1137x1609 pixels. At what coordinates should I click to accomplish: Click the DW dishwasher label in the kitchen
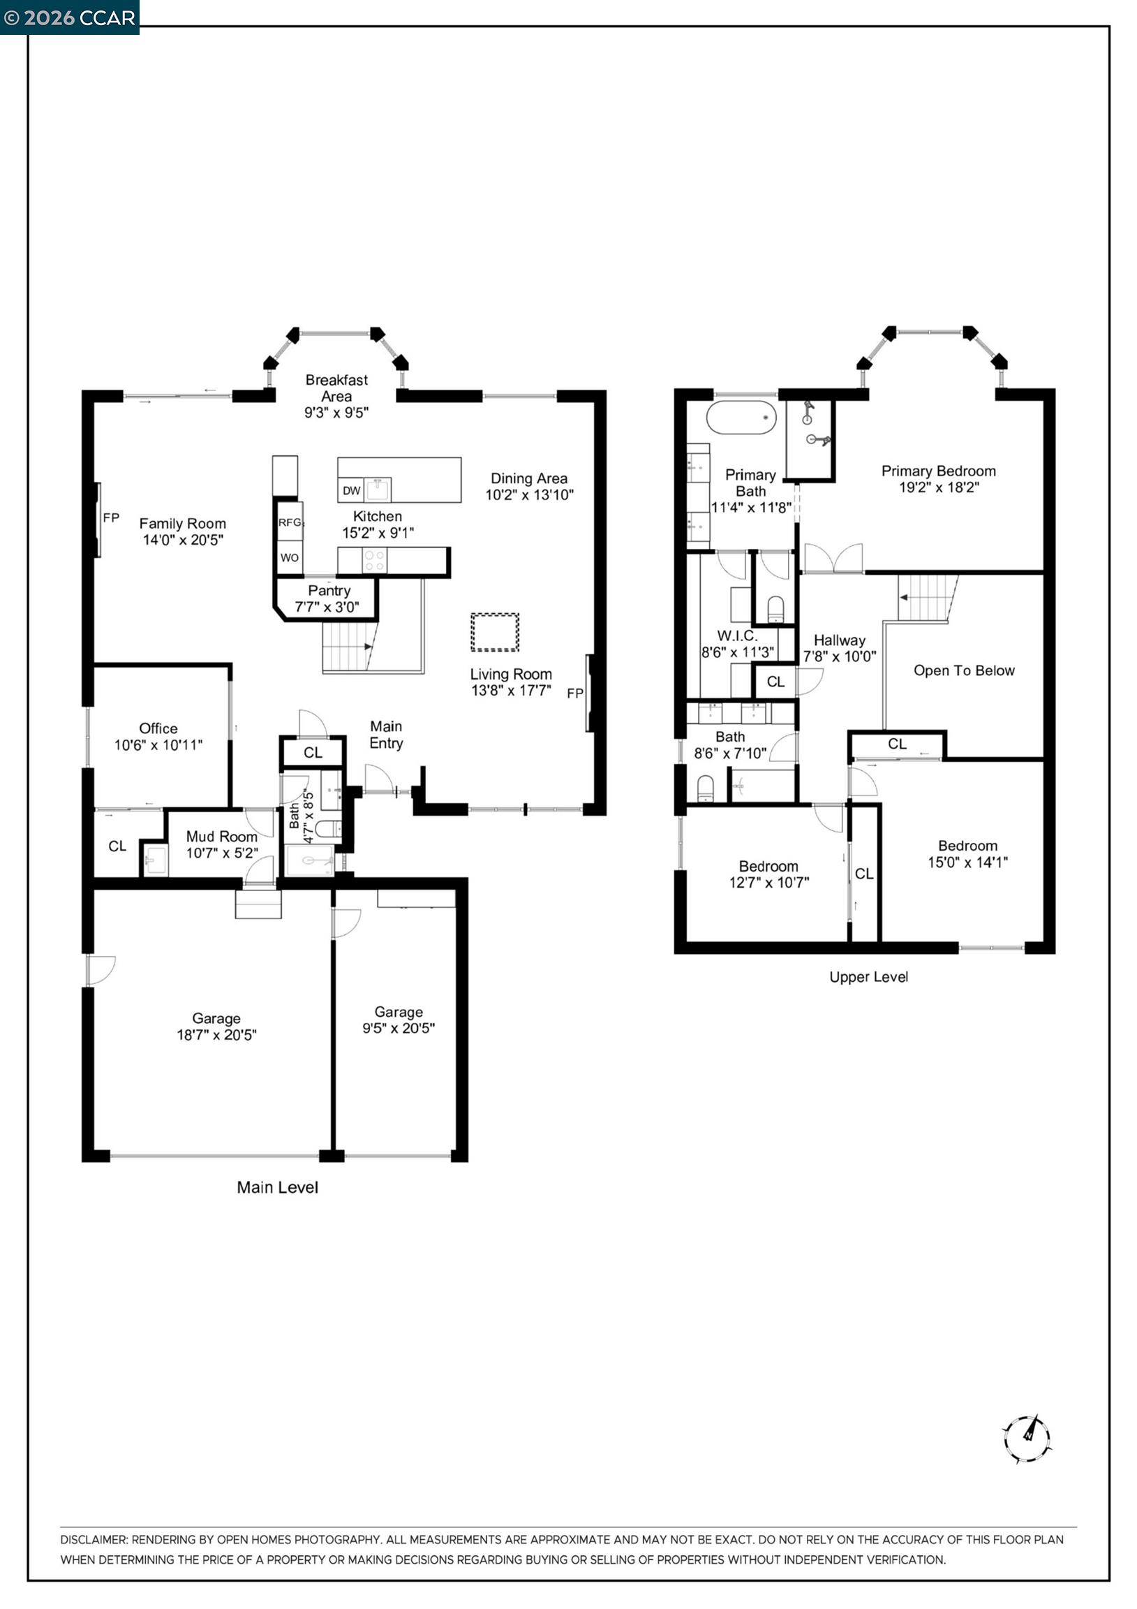point(351,490)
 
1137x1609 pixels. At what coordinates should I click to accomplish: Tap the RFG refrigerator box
point(290,522)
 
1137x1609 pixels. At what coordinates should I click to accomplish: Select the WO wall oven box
point(290,558)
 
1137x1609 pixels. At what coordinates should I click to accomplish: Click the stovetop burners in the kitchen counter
point(375,561)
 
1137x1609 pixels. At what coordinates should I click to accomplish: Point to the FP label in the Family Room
point(111,518)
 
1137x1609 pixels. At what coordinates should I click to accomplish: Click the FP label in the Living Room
point(574,693)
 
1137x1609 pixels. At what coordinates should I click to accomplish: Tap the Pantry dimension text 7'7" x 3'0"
point(327,607)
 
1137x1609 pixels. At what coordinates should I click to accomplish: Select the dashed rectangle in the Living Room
point(495,632)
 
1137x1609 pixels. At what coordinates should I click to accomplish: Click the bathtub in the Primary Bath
point(741,418)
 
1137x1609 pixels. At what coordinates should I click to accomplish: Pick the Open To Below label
point(963,670)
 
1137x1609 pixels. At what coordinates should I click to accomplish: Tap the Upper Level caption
point(868,977)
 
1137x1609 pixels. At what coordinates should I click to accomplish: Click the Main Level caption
point(277,1187)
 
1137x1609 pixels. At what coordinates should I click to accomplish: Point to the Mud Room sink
point(156,860)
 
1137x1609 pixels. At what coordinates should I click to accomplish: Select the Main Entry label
point(386,735)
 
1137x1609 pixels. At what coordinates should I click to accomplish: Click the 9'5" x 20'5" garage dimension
point(398,1028)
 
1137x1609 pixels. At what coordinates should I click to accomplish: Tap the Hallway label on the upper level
point(839,640)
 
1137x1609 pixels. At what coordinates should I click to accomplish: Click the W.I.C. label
point(737,635)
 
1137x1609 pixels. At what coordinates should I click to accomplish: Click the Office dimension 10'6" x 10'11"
point(158,745)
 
